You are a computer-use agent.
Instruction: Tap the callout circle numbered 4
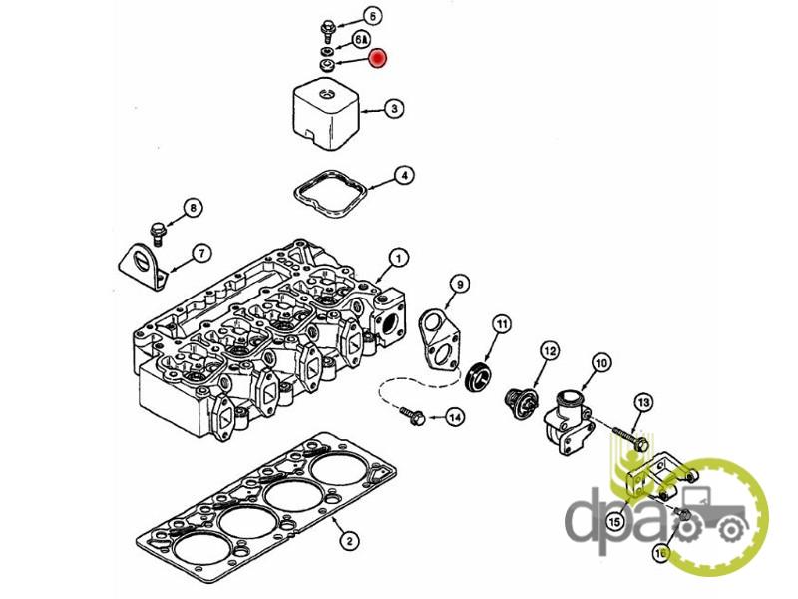coord(402,176)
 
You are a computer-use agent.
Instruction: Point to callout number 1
coord(397,259)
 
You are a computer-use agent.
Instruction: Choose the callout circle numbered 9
coord(458,285)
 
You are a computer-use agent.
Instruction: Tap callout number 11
coord(501,324)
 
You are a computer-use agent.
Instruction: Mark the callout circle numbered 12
coord(549,350)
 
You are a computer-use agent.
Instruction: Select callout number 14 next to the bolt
coord(454,417)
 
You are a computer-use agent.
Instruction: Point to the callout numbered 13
coord(643,401)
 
